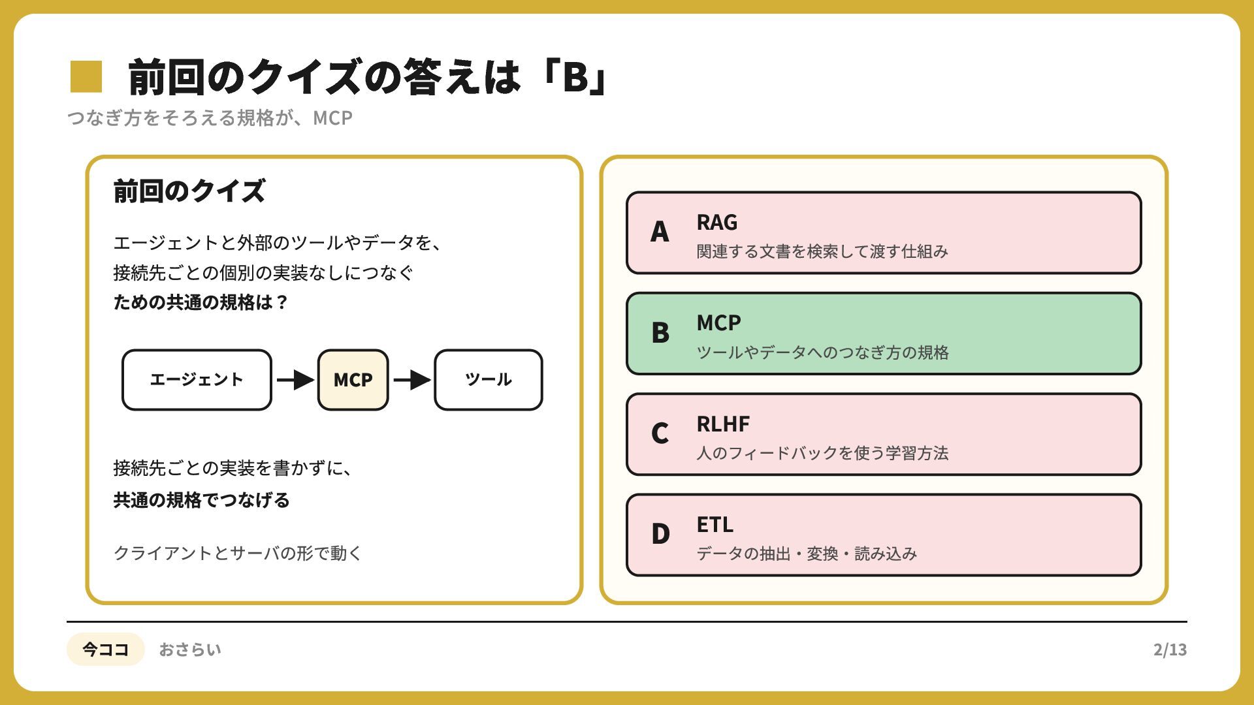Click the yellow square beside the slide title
[x=86, y=76]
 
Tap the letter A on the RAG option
[x=660, y=232]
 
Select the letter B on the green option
[x=660, y=333]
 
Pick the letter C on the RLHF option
[x=660, y=433]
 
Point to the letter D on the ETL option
[x=660, y=534]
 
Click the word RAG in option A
[x=716, y=222]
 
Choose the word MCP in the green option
[x=718, y=322]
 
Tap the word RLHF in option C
[x=723, y=424]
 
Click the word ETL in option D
[x=715, y=524]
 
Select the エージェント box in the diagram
[x=197, y=380]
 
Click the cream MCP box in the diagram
[x=353, y=380]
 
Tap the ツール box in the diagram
[x=489, y=380]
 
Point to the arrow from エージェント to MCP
[x=295, y=379]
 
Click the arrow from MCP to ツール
[x=411, y=379]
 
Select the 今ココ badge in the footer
[x=105, y=649]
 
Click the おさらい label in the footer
[x=190, y=650]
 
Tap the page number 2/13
[x=1170, y=650]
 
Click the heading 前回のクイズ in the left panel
[x=189, y=191]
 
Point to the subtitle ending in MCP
[x=210, y=118]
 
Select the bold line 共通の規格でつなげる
[x=201, y=500]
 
